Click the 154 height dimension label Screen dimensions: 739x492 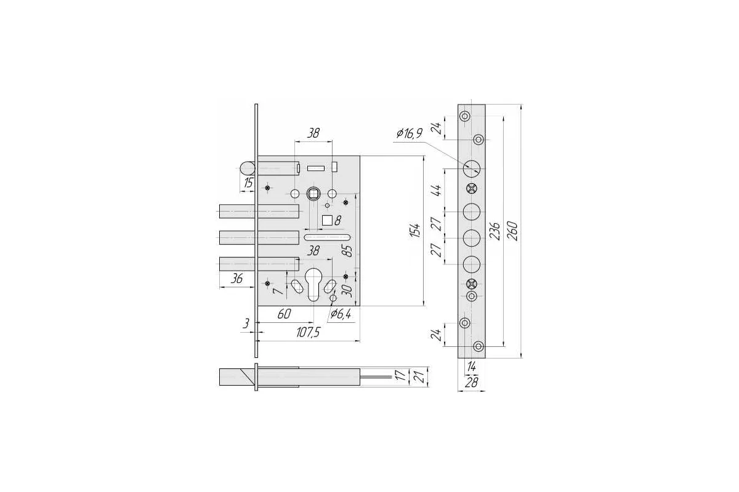pos(417,231)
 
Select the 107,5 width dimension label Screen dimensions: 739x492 pos(308,333)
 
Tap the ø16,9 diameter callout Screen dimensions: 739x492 pos(410,133)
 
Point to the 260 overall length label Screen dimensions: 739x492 pos(513,231)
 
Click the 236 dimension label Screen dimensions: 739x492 pos(495,231)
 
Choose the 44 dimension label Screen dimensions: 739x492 pos(437,190)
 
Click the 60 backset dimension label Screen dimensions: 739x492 pos(284,314)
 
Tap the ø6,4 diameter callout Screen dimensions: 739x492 pos(341,314)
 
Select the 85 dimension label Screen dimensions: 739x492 pos(347,251)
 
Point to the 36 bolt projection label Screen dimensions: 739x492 pos(236,279)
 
